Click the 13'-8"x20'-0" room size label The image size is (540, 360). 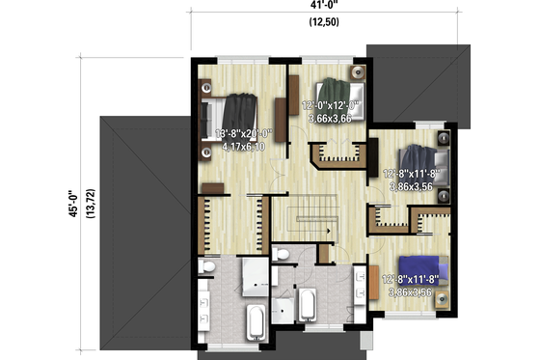(x=247, y=135)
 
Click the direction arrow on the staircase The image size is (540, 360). (x=328, y=233)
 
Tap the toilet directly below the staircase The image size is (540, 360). (x=282, y=254)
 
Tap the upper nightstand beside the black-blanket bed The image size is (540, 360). (x=207, y=85)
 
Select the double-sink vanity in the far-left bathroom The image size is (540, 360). (x=206, y=302)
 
